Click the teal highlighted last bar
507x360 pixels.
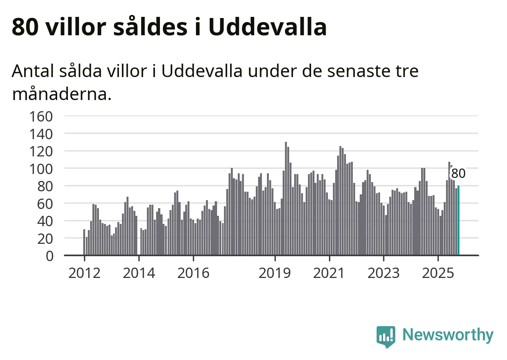point(458,220)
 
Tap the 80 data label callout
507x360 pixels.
point(458,174)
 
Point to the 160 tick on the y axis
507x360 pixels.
point(41,116)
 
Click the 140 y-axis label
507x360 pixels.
point(41,134)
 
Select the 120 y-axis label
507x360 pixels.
point(41,151)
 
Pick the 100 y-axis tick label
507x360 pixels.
point(41,169)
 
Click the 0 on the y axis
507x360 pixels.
point(49,256)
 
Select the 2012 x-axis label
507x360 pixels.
point(84,273)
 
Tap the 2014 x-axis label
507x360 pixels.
point(139,273)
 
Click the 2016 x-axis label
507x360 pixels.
point(193,273)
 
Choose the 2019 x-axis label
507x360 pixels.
point(275,273)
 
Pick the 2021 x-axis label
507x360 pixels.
point(329,273)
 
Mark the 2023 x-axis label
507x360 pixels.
point(384,273)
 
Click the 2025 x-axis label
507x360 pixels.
point(438,273)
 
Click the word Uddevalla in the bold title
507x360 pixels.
point(267,27)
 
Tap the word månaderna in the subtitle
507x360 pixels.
point(61,94)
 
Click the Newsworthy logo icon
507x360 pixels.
point(385,336)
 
